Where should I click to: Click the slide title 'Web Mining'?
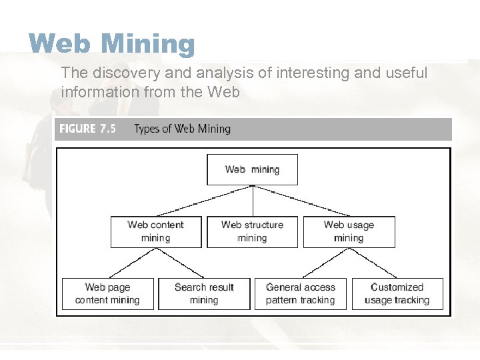[111, 44]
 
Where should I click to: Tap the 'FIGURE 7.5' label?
[87, 129]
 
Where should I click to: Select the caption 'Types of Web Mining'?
[182, 129]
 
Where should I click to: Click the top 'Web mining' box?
[252, 169]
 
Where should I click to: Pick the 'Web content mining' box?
[155, 231]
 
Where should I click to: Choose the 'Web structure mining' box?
[252, 231]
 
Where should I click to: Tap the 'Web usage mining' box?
[349, 231]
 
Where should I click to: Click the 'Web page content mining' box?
[107, 293]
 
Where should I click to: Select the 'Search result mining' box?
[204, 293]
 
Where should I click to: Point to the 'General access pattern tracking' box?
[300, 293]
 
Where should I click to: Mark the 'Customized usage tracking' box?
[397, 293]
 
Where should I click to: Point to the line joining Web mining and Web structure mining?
[253, 201]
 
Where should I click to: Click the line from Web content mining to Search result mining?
[180, 263]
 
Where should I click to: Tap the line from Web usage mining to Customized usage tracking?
[373, 263]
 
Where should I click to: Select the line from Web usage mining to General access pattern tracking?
[325, 263]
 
